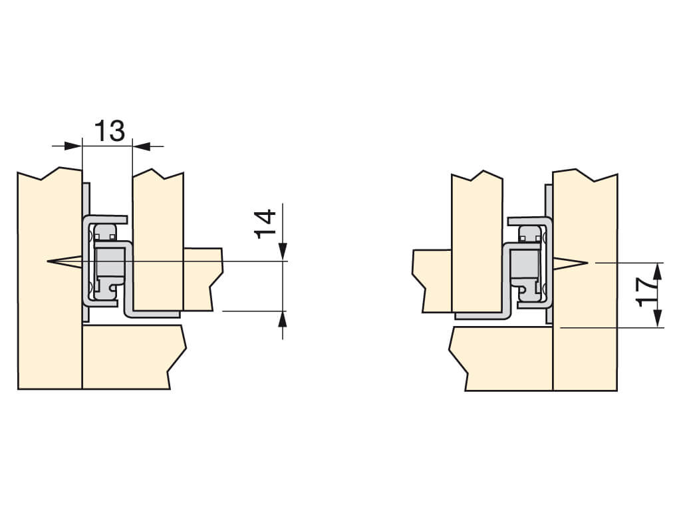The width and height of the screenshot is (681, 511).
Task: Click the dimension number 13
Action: (110, 131)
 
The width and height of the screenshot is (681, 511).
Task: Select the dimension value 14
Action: (266, 224)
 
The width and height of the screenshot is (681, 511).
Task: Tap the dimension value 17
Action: (648, 293)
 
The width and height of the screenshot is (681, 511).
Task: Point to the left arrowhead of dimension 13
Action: (73, 146)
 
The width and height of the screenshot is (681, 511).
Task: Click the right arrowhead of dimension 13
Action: (141, 146)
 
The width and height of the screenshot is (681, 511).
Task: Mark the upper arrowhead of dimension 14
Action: (283, 252)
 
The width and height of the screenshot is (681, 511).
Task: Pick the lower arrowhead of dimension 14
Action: (283, 320)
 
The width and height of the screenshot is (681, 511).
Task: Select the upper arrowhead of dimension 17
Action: (658, 272)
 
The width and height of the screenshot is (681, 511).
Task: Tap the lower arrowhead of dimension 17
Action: (658, 318)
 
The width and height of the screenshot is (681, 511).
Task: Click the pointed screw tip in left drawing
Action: (47, 261)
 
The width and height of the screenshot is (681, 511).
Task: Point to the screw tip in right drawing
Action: (588, 262)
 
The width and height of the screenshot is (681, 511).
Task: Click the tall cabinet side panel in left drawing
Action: (49, 278)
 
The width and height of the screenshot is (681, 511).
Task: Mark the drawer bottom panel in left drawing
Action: (203, 278)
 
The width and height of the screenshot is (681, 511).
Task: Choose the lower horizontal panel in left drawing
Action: (132, 357)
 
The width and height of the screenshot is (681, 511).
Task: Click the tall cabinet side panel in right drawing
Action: (585, 280)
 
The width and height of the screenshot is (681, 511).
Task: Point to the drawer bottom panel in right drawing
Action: (432, 280)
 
